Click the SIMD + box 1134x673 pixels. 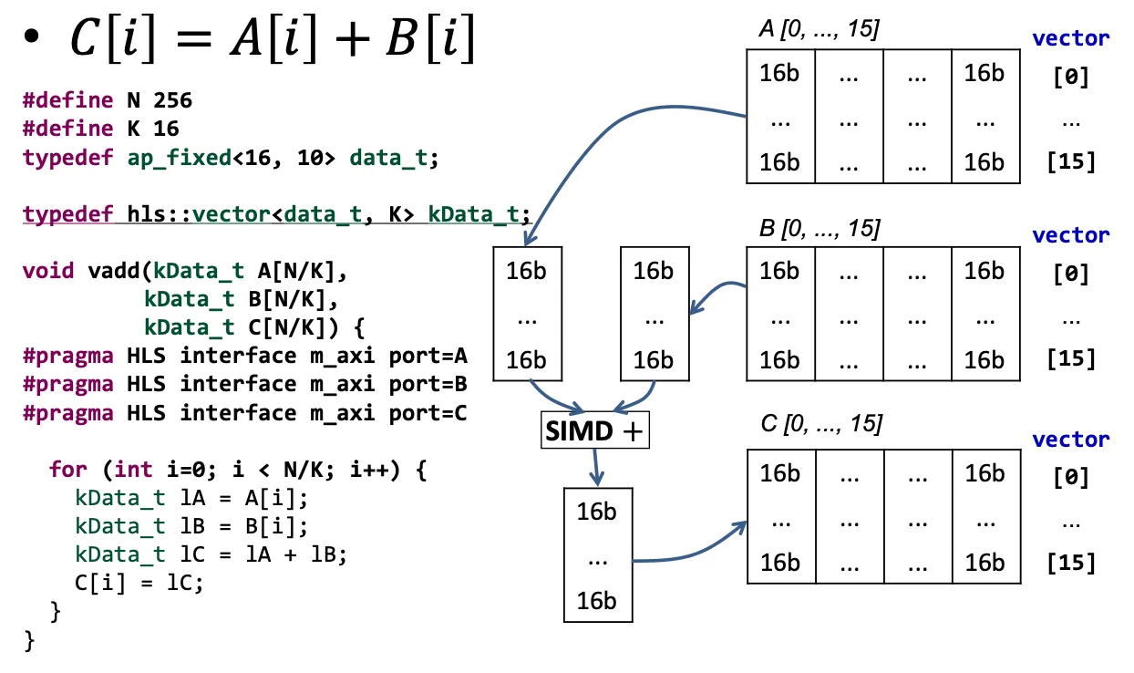(x=594, y=431)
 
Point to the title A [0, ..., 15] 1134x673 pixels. (x=819, y=30)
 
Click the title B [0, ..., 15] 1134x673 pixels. (x=819, y=228)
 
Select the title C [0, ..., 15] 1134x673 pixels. (x=819, y=424)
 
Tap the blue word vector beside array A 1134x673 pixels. (x=1070, y=38)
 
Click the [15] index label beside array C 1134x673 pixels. (x=1071, y=562)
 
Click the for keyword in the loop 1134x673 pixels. (x=68, y=470)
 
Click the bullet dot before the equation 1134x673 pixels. (x=33, y=40)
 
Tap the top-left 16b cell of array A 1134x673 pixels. (x=779, y=73)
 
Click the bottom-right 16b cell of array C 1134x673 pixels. (x=985, y=562)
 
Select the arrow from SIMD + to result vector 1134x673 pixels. (x=596, y=468)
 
